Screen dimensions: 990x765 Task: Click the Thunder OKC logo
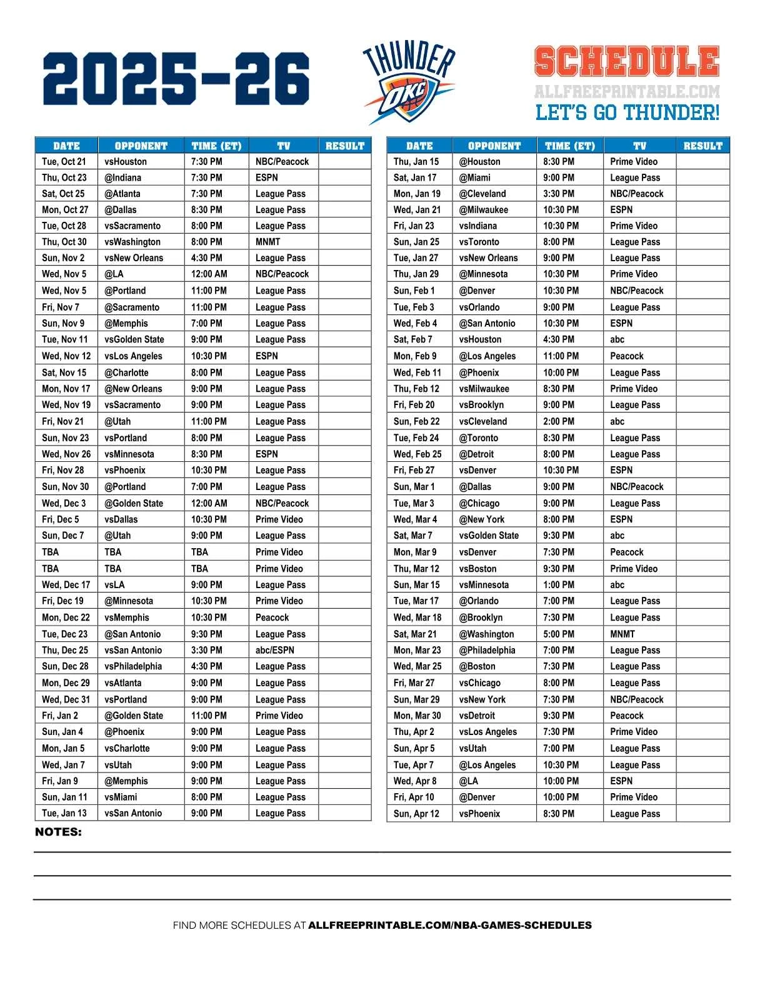(x=409, y=82)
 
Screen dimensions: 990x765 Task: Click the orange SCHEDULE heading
(x=627, y=62)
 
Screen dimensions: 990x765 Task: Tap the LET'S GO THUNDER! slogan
(x=627, y=113)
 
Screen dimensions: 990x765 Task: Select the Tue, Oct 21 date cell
(x=64, y=161)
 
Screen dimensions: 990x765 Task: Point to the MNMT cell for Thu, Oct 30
(x=268, y=242)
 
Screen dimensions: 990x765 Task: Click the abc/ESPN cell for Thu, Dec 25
(x=275, y=650)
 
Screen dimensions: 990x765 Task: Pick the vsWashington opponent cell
(x=132, y=242)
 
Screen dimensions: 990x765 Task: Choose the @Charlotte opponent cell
(x=126, y=372)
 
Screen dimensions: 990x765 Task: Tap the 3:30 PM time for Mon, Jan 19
(x=559, y=194)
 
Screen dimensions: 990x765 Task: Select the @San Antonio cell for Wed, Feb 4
(x=487, y=323)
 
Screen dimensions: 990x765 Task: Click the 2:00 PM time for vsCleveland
(x=559, y=421)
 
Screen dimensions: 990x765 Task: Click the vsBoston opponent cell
(x=478, y=569)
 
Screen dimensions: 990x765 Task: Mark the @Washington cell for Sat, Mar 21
(x=487, y=634)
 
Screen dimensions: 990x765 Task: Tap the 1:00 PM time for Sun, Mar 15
(x=559, y=585)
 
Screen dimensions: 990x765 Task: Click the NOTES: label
(x=58, y=832)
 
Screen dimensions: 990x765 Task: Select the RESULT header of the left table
(x=345, y=146)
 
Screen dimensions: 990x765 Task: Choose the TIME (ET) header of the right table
(x=570, y=146)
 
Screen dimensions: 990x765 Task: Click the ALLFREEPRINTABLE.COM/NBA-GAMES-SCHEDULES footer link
(x=450, y=925)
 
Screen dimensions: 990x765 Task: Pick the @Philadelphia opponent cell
(x=487, y=650)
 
